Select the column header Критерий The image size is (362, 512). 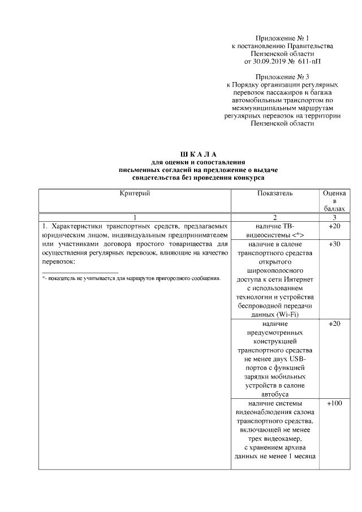135,193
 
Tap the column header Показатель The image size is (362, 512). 275,193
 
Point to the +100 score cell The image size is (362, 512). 334,404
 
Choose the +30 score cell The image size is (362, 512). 334,244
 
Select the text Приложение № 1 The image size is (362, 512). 282,37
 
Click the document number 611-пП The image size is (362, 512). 313,61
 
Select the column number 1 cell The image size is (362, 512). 135,217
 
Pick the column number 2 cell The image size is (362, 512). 275,217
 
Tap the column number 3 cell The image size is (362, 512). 334,217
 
